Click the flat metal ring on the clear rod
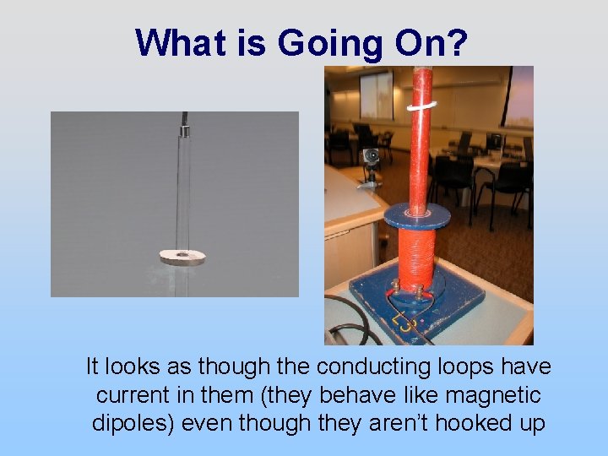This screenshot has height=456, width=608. point(182,256)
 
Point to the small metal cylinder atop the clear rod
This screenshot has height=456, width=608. point(182,132)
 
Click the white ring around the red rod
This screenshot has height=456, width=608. point(421,106)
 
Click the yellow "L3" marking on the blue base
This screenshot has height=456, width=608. point(402,319)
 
